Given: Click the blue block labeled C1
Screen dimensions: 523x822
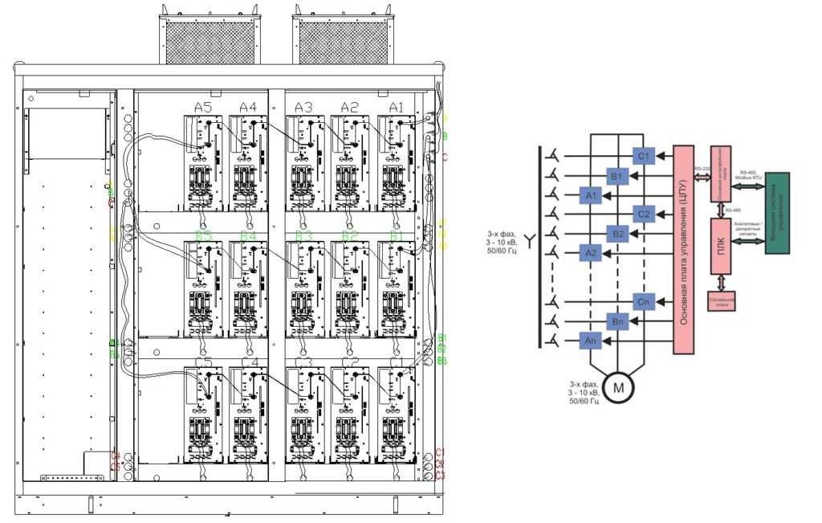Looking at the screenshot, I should [644, 156].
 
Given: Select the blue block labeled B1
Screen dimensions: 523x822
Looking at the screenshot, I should [616, 175].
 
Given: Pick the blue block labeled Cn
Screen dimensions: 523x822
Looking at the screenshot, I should [644, 302].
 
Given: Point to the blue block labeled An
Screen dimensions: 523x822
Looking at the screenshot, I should [590, 341].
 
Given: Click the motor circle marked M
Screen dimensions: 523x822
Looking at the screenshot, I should [618, 386].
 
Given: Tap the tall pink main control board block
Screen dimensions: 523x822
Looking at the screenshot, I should [684, 250].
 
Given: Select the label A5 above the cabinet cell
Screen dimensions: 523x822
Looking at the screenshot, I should [203, 107].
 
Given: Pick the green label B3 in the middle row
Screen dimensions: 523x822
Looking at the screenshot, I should [303, 235].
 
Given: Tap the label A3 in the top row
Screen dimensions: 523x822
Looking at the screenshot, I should [303, 107].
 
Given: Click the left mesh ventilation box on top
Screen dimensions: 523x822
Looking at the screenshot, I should [210, 39].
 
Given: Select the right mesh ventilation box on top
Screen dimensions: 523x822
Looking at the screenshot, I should [343, 39].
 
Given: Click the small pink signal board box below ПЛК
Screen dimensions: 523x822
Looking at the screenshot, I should [722, 301].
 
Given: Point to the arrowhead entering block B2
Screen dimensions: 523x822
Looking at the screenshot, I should [633, 234].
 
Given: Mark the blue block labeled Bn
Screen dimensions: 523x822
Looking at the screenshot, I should [616, 321].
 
